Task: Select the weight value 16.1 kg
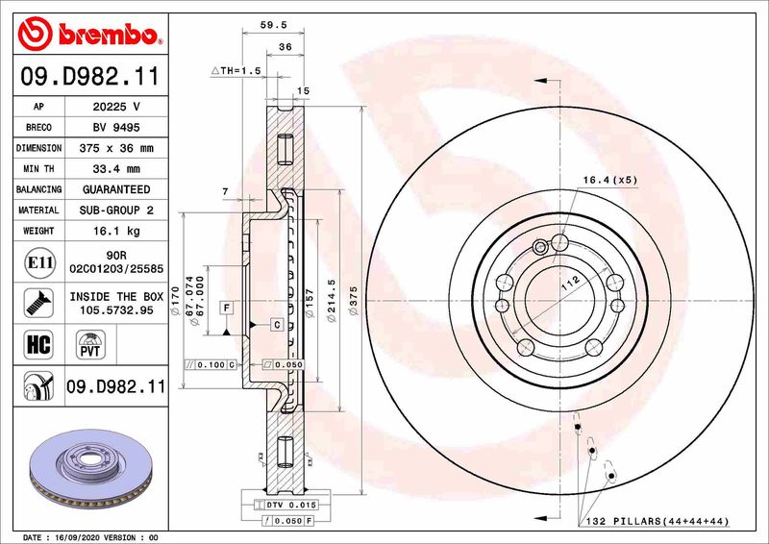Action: (x=117, y=231)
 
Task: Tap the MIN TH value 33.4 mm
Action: (x=117, y=169)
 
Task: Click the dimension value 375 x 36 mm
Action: (x=117, y=148)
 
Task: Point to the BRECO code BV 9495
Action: (x=117, y=127)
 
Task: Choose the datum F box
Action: (x=227, y=308)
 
